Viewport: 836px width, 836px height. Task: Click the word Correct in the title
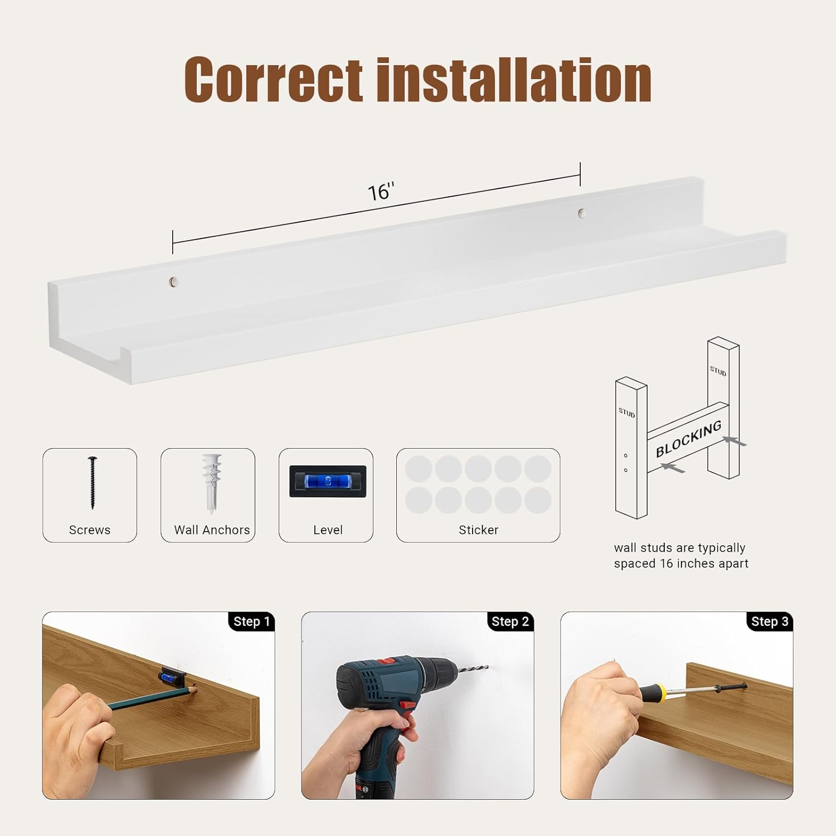[x=274, y=80]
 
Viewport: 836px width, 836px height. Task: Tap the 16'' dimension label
[x=381, y=192]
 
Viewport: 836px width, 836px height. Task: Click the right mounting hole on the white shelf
[x=582, y=212]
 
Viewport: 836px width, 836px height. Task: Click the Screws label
[x=90, y=530]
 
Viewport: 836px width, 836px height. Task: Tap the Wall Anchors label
[x=212, y=530]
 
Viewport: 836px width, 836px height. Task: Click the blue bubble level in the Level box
[x=328, y=481]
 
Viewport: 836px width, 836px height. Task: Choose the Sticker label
[x=478, y=530]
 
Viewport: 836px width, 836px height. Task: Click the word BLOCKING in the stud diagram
[x=689, y=439]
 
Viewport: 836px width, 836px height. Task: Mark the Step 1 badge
[x=251, y=621]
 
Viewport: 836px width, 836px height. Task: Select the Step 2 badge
[x=510, y=621]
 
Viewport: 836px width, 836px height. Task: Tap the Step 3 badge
[x=770, y=621]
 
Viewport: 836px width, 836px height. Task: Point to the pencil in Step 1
[x=153, y=697]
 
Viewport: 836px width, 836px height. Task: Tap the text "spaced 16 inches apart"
[x=681, y=563]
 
